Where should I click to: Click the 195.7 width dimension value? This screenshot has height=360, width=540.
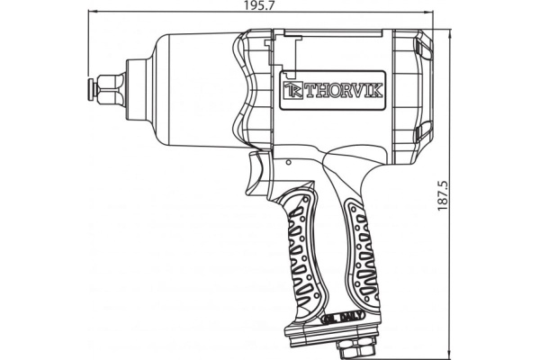tap(260, 6)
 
